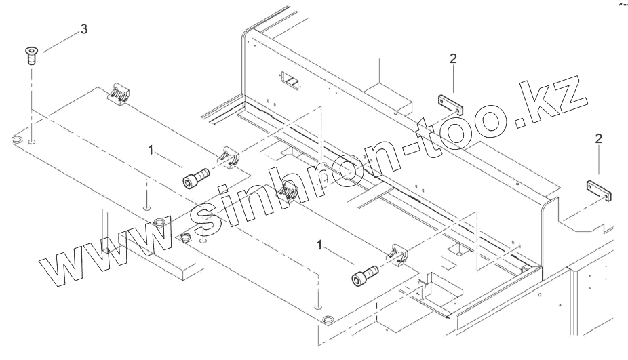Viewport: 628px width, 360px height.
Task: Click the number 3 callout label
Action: (83, 31)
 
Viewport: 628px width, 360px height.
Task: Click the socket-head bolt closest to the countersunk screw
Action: (195, 178)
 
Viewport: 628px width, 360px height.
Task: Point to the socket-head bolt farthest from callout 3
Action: (364, 275)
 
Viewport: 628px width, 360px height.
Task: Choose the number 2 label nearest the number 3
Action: (452, 58)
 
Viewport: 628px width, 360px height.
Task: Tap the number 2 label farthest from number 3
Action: (597, 139)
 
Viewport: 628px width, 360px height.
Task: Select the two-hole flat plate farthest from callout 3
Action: (600, 190)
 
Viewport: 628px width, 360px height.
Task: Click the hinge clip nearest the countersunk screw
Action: (119, 95)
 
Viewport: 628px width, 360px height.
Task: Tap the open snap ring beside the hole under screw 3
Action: (16, 140)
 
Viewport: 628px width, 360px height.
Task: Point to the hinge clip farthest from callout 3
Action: (398, 256)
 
